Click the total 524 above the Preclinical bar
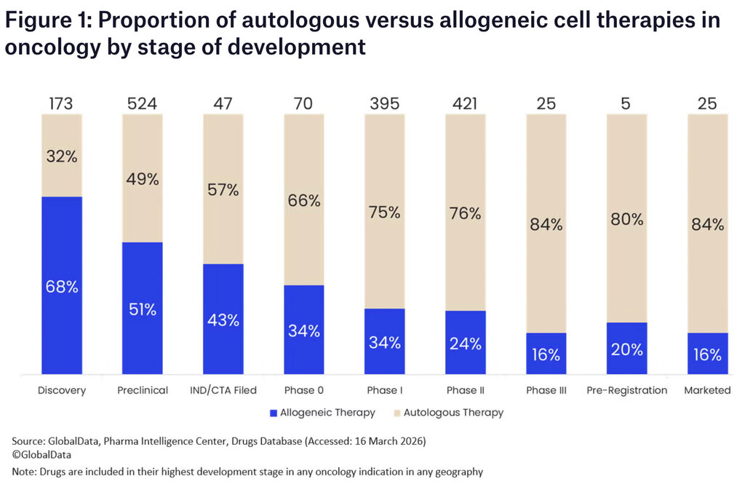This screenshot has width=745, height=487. pos(142,103)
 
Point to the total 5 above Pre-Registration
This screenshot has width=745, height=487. pos(626,103)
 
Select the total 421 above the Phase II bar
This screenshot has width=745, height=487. pos(465,103)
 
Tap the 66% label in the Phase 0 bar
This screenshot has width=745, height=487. pos(303,201)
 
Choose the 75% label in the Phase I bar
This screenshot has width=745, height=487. pos(384,213)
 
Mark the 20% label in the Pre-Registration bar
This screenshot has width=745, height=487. pos(626,349)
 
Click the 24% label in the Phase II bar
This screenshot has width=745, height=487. pos(465,344)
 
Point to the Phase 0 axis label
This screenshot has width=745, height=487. pos(303,390)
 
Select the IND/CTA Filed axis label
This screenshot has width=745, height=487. pos(223,390)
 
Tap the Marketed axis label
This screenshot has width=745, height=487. pos(707,390)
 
